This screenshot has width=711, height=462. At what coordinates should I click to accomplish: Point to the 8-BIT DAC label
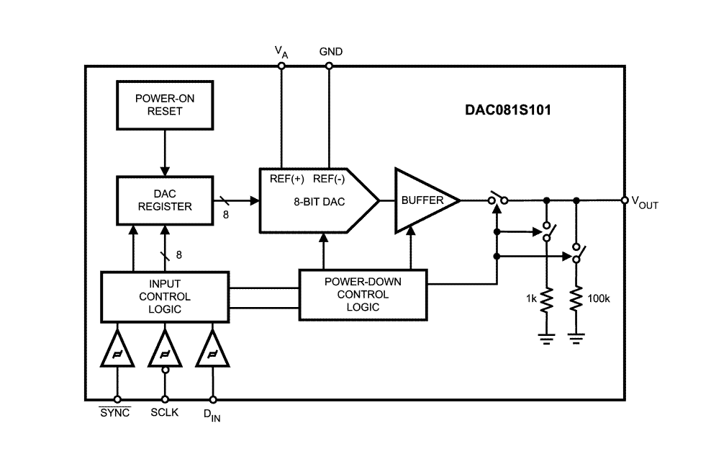(x=320, y=202)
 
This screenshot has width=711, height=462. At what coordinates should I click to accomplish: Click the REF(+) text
(x=286, y=179)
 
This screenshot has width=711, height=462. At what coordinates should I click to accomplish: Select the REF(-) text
(x=329, y=179)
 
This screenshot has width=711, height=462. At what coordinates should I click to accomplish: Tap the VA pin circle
(x=281, y=66)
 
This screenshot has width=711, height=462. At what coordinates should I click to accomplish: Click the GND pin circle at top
(x=329, y=66)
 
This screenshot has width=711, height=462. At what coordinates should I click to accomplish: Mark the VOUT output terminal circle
(x=625, y=200)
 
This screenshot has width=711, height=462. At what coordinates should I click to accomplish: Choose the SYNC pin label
(x=114, y=412)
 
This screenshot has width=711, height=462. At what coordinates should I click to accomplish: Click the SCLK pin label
(x=165, y=412)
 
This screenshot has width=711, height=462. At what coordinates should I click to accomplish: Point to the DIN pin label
(x=212, y=415)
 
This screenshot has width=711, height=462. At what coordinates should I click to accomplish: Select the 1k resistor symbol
(x=547, y=300)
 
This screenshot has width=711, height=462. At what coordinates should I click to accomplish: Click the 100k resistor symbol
(x=576, y=299)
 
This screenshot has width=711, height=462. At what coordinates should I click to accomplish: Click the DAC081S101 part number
(x=508, y=110)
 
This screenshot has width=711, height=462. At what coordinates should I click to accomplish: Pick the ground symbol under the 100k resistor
(x=576, y=339)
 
